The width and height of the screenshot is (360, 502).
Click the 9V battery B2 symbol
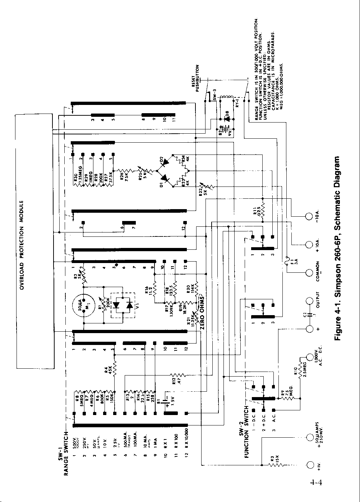[x=226, y=128]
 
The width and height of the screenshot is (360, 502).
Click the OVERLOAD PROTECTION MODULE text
[x=22, y=245]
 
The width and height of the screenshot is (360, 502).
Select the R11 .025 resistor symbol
[x=263, y=210]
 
